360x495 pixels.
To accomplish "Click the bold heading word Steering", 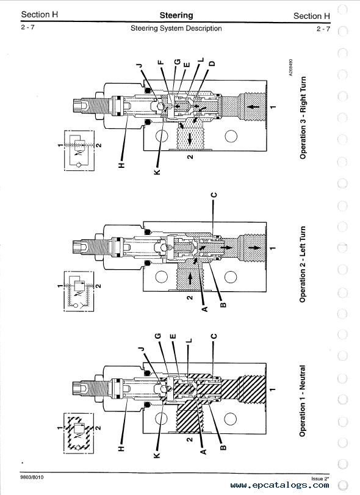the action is click(176, 15).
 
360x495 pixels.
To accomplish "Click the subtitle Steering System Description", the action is click(176, 29).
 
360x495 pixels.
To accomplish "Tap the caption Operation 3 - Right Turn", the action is click(303, 118).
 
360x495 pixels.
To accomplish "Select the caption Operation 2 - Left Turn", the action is click(303, 264).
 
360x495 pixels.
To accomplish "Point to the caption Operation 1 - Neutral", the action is click(303, 401).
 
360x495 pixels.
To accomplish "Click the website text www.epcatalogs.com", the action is click(279, 485).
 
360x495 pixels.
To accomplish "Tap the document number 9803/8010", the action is click(32, 477).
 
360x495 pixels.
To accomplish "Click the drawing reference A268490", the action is click(290, 67).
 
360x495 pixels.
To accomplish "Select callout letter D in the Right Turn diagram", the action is click(212, 63).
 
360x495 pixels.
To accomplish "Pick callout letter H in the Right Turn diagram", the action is click(122, 165).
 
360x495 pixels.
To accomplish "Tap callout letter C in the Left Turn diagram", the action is click(214, 195).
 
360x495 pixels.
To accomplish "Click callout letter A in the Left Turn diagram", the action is click(205, 309).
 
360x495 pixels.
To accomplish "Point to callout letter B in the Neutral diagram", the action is click(223, 447).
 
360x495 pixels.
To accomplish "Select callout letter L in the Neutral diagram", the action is click(189, 341).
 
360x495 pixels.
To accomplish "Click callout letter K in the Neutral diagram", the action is click(157, 455).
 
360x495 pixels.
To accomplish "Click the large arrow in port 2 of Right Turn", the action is click(190, 139).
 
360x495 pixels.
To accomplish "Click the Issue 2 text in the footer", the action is click(320, 479).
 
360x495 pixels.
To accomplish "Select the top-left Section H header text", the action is click(40, 15).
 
